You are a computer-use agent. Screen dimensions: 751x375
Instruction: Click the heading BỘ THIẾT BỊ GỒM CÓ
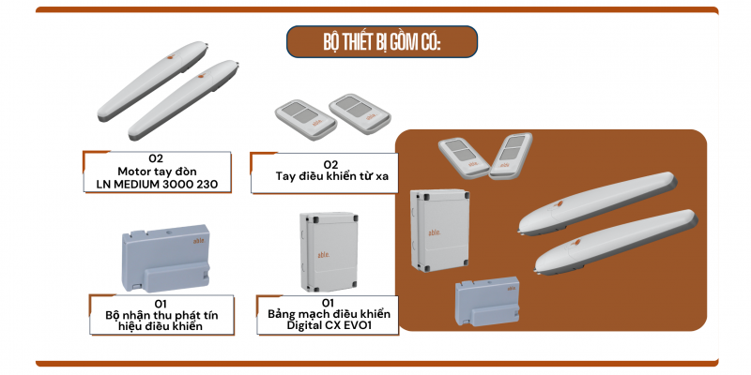(x=382, y=42)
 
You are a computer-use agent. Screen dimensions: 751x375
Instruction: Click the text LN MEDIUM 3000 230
(x=157, y=184)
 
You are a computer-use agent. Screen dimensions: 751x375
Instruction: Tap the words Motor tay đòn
(x=157, y=172)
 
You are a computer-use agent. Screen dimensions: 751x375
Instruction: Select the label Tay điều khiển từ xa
(x=332, y=176)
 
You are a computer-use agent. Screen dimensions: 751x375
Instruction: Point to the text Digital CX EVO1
(x=328, y=325)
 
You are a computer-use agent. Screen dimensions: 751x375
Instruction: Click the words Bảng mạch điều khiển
(x=330, y=314)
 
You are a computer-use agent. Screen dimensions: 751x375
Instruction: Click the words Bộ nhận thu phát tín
(x=161, y=315)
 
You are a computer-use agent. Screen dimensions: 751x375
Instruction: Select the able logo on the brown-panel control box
(x=434, y=232)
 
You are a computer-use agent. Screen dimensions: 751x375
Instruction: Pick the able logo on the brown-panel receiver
(x=512, y=290)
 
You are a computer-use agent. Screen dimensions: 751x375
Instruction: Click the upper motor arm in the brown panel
(x=598, y=202)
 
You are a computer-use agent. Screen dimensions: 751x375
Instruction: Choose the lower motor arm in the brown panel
(x=616, y=242)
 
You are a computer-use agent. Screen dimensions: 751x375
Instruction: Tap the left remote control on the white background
(x=306, y=116)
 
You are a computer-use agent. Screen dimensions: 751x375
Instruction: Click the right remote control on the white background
(x=360, y=113)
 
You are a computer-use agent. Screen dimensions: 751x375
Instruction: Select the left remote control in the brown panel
(x=464, y=157)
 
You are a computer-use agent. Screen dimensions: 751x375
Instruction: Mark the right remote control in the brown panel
(x=511, y=156)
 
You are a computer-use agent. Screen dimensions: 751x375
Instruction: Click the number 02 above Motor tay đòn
(x=156, y=159)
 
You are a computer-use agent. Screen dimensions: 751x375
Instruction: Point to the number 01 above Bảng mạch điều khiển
(x=328, y=303)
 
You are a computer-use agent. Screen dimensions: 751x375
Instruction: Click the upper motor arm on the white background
(x=153, y=82)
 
